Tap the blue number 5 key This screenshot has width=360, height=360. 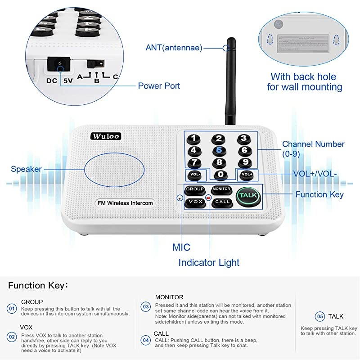click(219, 151)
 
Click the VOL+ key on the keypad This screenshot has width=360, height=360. click(247, 175)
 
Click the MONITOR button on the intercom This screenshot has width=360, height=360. click(221, 189)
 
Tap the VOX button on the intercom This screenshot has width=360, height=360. click(195, 202)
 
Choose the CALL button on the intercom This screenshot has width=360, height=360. click(222, 202)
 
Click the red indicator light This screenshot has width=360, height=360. click(208, 198)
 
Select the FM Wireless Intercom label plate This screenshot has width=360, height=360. click(125, 203)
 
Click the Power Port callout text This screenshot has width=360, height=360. click(159, 85)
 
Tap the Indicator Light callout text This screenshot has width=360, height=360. click(209, 262)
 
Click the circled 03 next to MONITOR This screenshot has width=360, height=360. click(146, 306)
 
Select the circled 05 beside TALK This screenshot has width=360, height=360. click(319, 316)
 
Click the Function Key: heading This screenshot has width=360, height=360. click(38, 285)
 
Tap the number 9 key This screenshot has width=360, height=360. click(244, 162)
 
